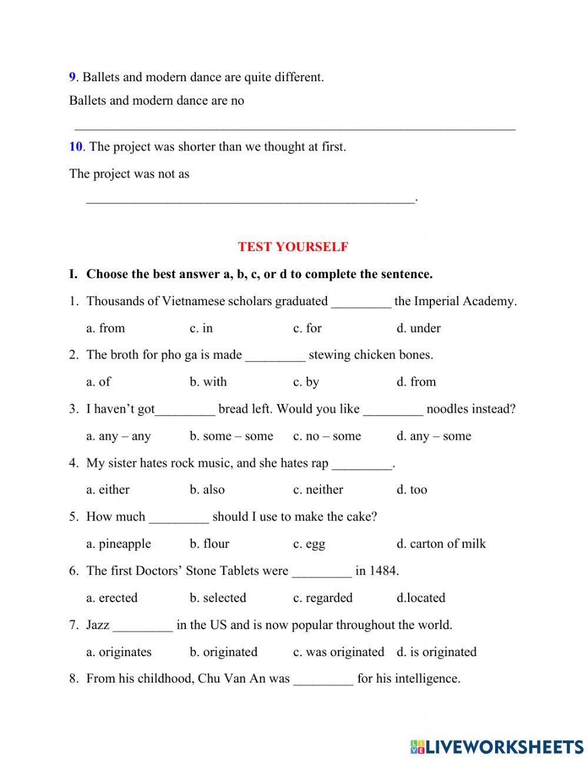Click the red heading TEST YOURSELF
point(293,247)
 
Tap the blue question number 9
point(72,77)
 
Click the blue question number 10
point(75,146)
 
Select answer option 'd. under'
point(418,328)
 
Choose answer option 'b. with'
point(208,382)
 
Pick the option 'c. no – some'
point(327,436)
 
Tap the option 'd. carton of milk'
point(441,543)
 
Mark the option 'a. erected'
point(112,597)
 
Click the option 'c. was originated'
point(338,651)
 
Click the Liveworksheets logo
point(496,746)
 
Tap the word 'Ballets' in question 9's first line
point(102,77)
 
